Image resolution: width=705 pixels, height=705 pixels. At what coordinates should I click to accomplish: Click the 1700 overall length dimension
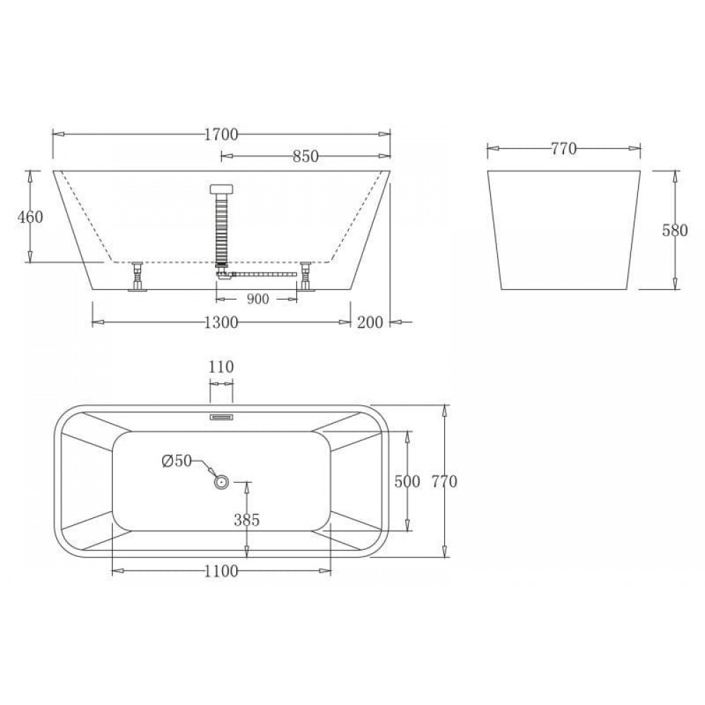click(x=221, y=134)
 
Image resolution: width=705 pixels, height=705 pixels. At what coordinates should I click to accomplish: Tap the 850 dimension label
click(x=306, y=156)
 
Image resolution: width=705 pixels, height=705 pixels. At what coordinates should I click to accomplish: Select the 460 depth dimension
click(x=30, y=217)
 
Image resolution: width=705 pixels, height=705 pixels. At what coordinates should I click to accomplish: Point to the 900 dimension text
click(x=257, y=298)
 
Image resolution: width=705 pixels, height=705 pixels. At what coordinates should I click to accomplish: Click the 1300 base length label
click(x=221, y=322)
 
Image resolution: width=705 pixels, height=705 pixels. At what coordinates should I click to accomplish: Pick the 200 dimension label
click(x=370, y=322)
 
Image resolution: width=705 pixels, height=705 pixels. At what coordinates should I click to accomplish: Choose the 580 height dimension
click(x=675, y=231)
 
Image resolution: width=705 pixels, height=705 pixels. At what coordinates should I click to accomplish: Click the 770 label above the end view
click(x=564, y=148)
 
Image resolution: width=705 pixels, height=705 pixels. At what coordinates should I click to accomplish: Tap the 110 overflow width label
click(x=221, y=367)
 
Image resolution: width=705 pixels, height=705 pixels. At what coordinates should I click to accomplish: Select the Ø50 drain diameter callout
click(x=177, y=461)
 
